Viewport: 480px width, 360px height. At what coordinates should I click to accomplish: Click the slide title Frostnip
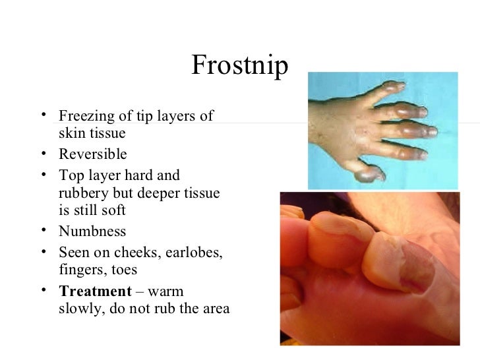point(240,66)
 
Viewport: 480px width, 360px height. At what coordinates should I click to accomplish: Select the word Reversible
point(92,155)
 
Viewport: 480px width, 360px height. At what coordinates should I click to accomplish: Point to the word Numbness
point(92,232)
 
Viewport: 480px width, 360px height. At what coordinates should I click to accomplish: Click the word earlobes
point(196,252)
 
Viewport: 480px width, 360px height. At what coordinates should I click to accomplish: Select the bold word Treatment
point(95,291)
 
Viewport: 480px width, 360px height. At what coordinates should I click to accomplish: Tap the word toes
point(121,270)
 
